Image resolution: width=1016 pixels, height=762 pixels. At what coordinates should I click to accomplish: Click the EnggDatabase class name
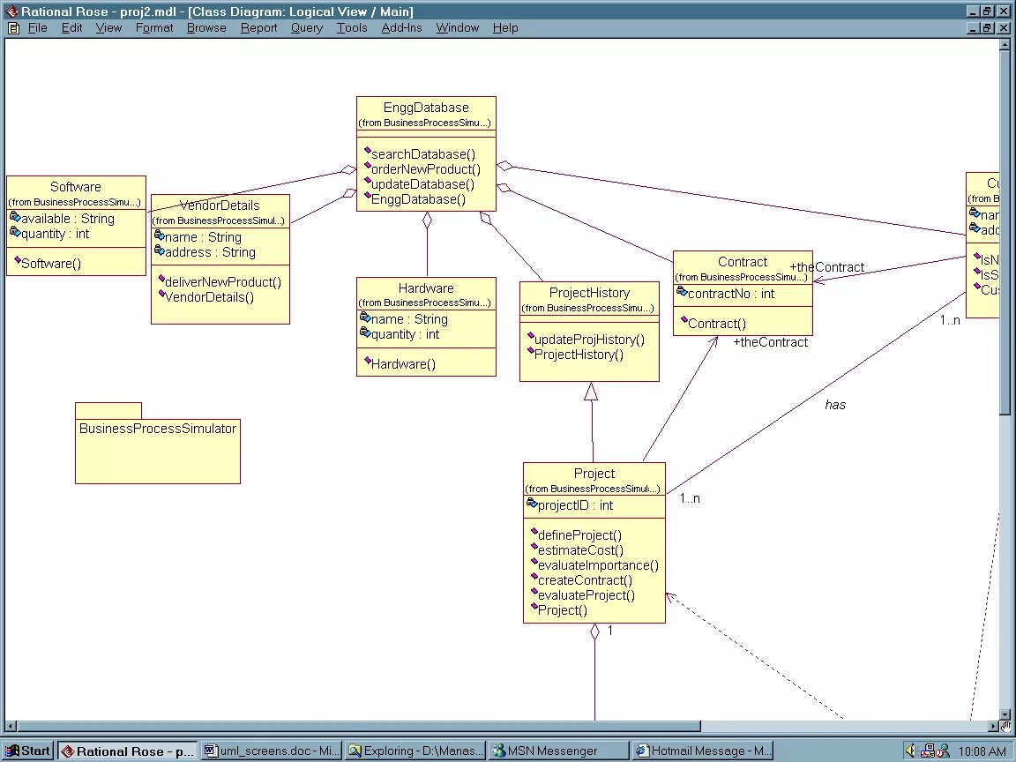tap(426, 108)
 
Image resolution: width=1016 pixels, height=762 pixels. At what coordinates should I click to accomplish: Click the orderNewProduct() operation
tap(426, 169)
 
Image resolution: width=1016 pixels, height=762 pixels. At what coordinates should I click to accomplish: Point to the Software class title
tap(76, 187)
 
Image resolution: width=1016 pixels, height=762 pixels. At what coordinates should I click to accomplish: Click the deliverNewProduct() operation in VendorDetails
tap(222, 282)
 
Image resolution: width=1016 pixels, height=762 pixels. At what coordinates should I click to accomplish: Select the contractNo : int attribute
tap(730, 294)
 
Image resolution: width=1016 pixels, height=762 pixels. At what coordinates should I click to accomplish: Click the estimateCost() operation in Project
tap(576, 550)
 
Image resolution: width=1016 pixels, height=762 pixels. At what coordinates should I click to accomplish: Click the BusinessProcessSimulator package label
tap(158, 429)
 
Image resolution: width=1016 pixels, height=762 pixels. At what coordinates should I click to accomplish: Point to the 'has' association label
tap(835, 405)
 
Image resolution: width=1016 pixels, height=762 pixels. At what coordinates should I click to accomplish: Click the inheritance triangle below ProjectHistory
tap(591, 392)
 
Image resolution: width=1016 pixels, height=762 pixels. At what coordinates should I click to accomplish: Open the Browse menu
tap(206, 27)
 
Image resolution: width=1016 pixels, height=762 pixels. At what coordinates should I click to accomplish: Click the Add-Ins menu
tap(401, 27)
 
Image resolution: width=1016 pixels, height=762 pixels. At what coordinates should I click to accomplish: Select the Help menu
tap(505, 27)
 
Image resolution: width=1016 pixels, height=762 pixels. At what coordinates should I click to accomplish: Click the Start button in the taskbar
tap(28, 751)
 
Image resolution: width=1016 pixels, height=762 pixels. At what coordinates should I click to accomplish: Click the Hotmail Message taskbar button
tap(703, 751)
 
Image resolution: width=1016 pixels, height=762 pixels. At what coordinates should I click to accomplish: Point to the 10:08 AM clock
tap(982, 751)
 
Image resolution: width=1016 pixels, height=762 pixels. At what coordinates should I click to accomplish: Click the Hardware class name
tap(426, 288)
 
